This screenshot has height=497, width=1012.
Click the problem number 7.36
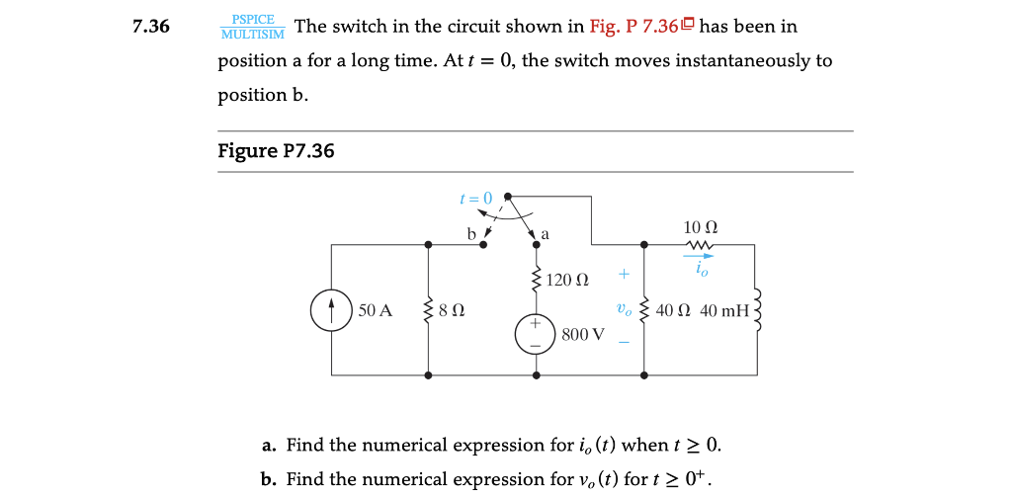tap(151, 27)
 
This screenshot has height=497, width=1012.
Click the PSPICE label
tap(253, 19)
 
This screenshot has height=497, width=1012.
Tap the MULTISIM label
tap(252, 35)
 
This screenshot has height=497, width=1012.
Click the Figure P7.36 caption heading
tap(276, 151)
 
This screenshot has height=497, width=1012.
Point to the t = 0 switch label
tap(475, 198)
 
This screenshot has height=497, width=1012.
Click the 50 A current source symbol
tap(331, 309)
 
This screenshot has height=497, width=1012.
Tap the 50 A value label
tap(376, 310)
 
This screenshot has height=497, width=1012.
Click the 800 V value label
tap(582, 334)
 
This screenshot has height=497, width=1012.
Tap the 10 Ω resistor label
tap(699, 228)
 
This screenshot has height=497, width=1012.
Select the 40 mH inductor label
tap(724, 310)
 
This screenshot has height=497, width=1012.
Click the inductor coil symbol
tap(759, 309)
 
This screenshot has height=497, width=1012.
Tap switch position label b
tap(471, 235)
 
